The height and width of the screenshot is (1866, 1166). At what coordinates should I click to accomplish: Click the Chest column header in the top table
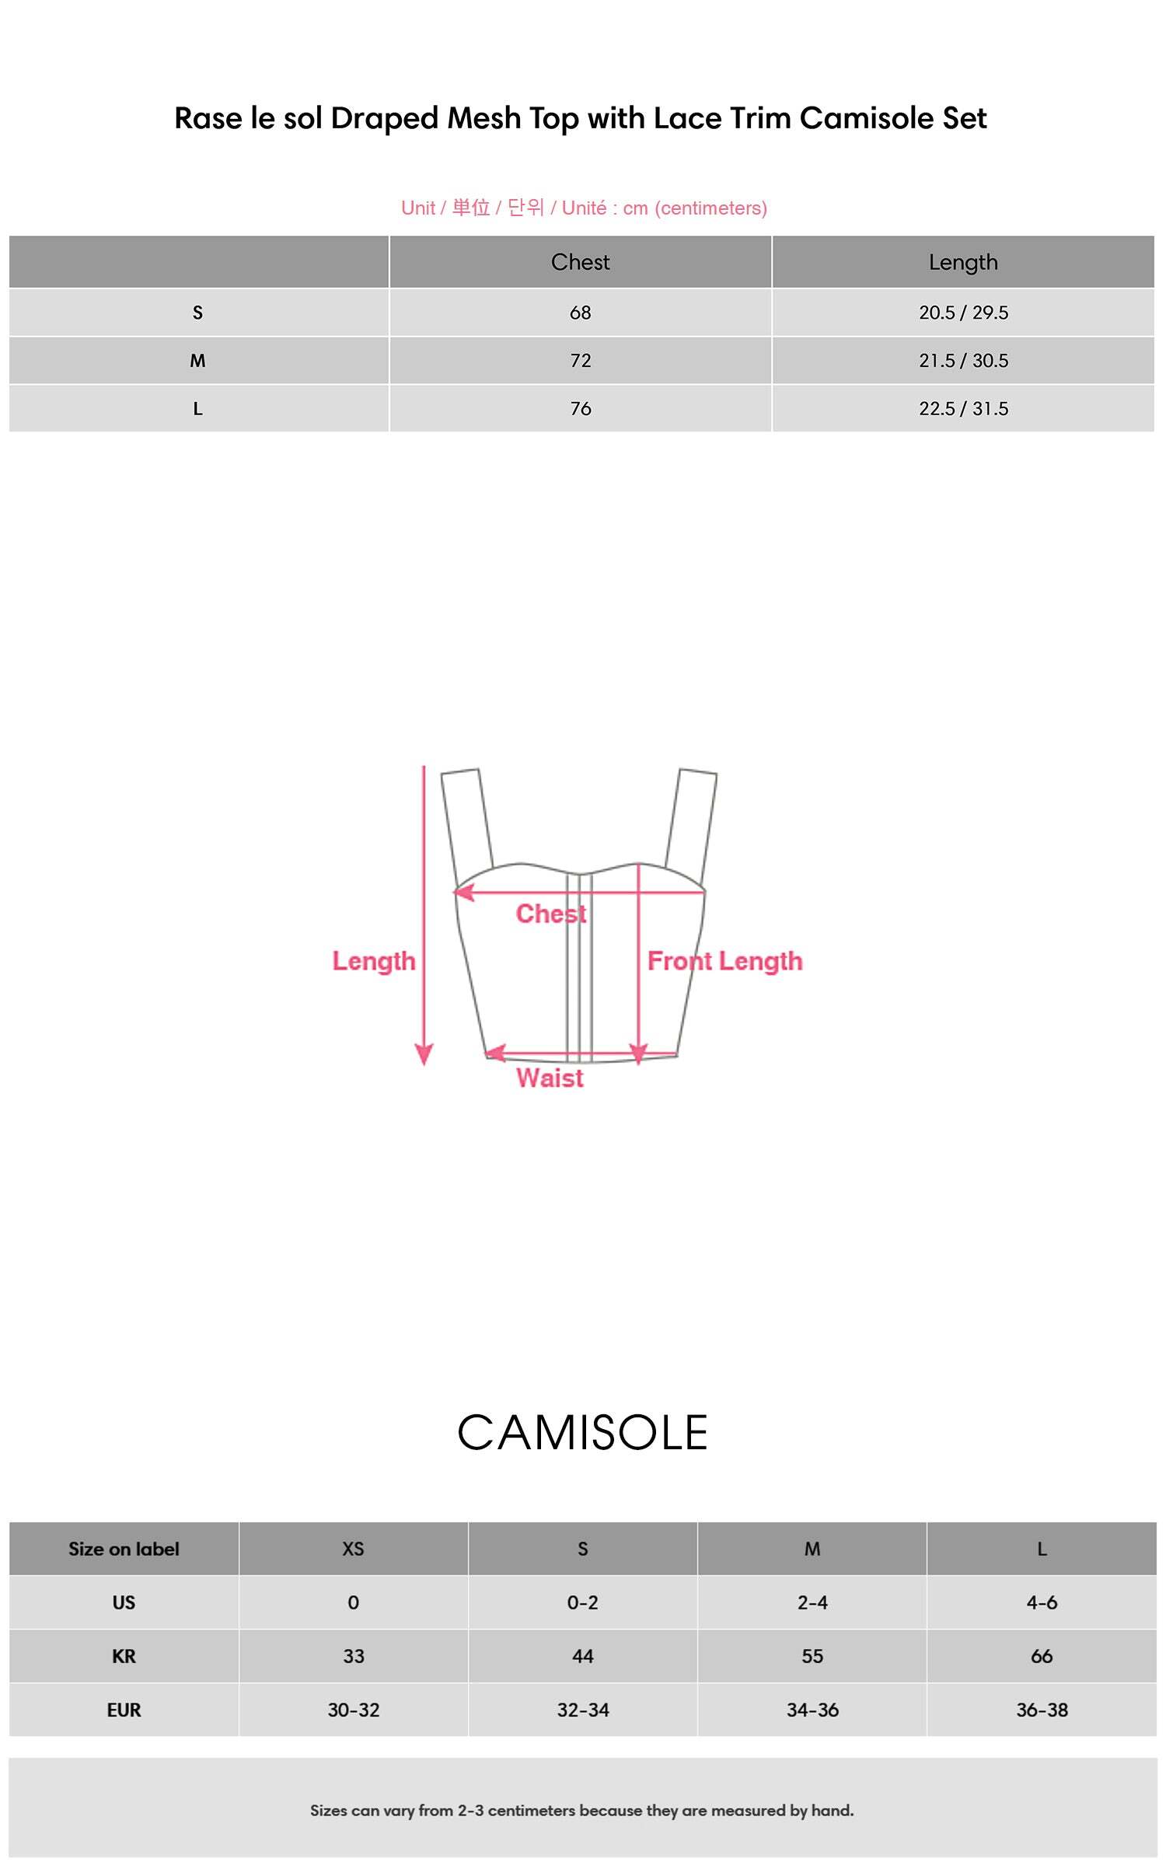tap(580, 262)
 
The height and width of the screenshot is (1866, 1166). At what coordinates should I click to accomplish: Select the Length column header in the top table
tap(963, 263)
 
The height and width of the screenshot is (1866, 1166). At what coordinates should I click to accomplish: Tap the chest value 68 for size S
tap(580, 313)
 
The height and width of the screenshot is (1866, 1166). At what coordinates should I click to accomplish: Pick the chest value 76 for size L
tap(580, 408)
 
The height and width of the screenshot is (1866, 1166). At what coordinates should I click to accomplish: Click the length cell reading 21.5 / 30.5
tap(963, 361)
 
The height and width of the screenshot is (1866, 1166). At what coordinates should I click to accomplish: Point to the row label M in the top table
tap(197, 361)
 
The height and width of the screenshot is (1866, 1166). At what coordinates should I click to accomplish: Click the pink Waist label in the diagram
tap(550, 1078)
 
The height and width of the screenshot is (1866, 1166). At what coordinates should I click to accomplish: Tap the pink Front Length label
tap(724, 961)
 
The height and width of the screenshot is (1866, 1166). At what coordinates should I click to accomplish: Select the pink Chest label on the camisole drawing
tap(551, 914)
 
